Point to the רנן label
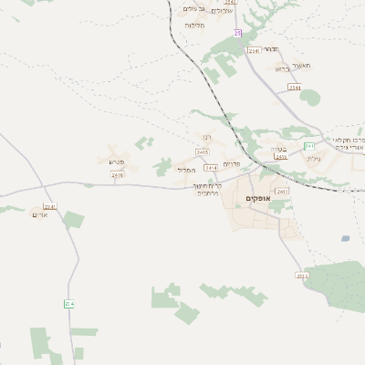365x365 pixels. coord(206,139)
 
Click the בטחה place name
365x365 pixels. coord(278,148)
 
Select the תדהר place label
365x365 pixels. coord(279,53)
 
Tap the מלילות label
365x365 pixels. coord(194,25)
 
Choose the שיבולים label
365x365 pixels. coord(222,11)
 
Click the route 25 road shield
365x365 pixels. coord(237,32)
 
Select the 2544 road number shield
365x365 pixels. coord(294,87)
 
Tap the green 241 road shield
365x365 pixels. coord(308,146)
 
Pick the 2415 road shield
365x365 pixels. coord(202,151)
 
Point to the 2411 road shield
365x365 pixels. coord(281,192)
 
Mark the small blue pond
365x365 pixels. coord(345,238)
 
